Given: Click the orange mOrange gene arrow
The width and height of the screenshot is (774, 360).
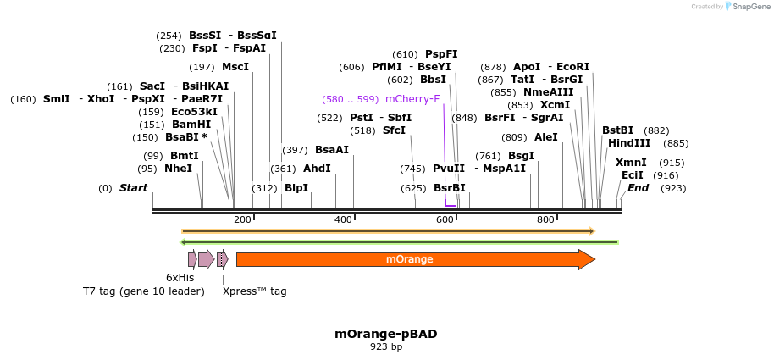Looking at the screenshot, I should [415, 259].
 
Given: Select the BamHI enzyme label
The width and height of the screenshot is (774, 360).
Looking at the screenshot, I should [191, 124].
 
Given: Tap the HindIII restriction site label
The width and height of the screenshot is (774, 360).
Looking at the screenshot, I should [629, 143].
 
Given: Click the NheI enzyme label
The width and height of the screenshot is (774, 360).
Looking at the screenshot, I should [178, 169].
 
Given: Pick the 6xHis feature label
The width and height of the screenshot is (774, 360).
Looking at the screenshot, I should [180, 277].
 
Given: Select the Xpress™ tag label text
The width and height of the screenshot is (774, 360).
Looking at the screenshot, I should [254, 291].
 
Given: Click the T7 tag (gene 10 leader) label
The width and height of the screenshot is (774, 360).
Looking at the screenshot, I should [143, 291].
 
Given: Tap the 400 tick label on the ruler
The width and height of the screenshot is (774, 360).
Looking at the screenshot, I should [343, 220].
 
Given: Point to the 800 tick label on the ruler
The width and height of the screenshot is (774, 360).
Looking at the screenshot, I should [545, 220].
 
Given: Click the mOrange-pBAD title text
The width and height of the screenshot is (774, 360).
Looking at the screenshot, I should [386, 334].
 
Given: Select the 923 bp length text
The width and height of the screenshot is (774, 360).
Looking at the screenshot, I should [386, 346].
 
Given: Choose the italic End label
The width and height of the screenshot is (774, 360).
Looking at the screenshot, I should [638, 187].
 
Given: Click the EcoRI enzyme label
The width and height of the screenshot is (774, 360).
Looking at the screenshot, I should [573, 66].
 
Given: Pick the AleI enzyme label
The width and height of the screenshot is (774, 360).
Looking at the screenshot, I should [546, 136].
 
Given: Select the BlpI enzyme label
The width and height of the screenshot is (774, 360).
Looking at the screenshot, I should [296, 187].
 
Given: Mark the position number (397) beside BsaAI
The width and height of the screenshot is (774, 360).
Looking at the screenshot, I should [294, 150].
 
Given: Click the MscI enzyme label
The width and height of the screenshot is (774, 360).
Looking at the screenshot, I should [235, 66].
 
